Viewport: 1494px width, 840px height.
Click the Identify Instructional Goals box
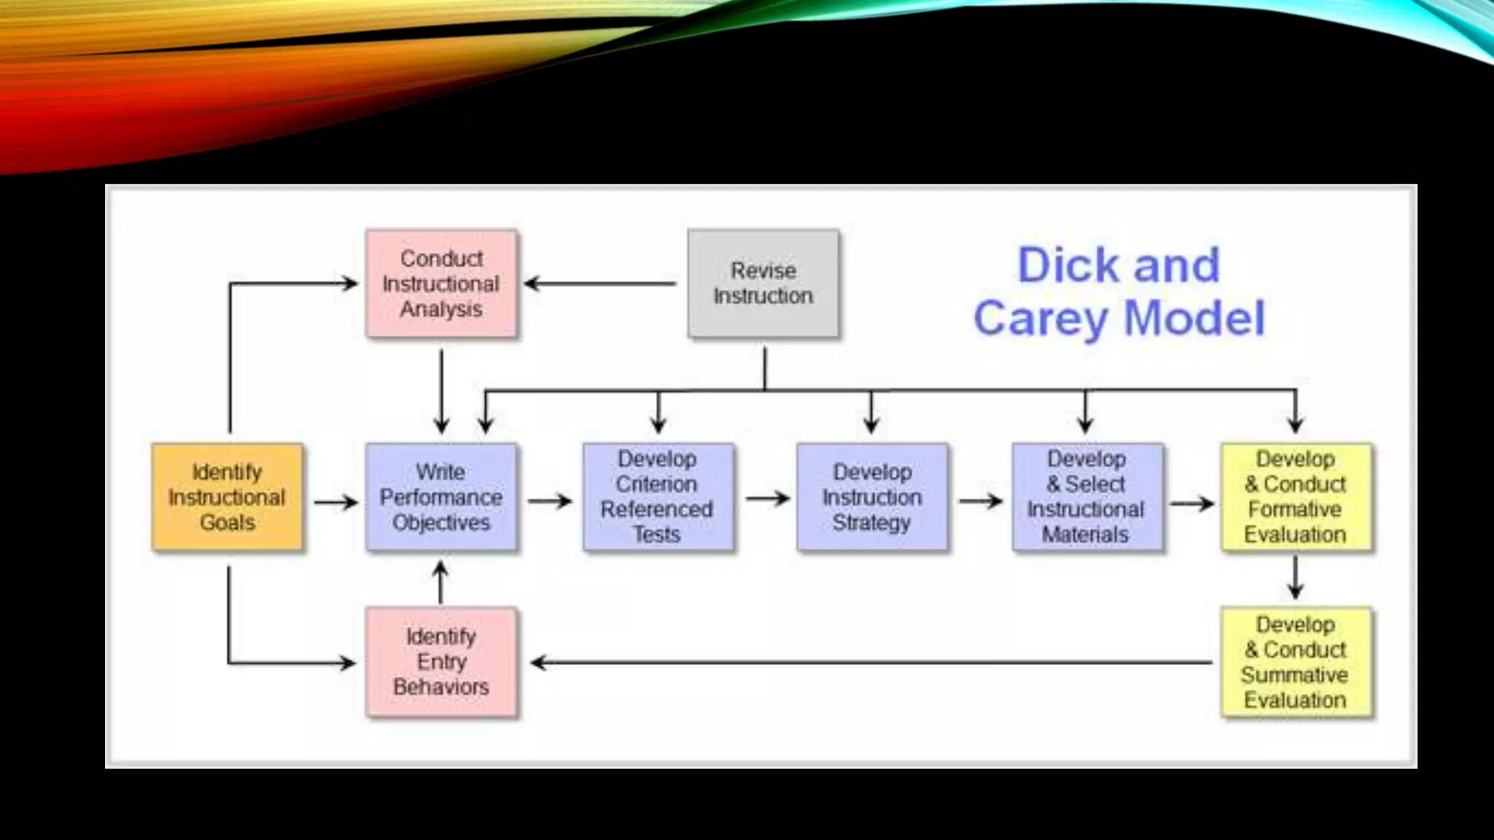(x=227, y=497)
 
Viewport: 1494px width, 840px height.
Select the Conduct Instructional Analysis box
(x=441, y=284)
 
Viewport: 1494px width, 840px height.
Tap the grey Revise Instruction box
(x=763, y=284)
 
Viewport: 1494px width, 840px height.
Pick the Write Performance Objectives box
(x=441, y=497)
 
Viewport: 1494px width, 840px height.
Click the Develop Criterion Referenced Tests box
(x=657, y=497)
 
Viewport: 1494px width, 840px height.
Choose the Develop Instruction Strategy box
(x=872, y=497)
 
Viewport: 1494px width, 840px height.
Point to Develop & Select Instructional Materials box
(x=1086, y=497)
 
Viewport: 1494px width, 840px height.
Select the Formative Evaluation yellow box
(x=1296, y=497)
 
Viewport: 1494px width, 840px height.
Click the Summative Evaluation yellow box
(x=1296, y=662)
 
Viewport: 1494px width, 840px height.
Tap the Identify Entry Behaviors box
(x=441, y=662)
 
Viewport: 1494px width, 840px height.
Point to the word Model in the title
(x=1194, y=319)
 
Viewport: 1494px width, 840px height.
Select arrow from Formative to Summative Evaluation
(x=1296, y=577)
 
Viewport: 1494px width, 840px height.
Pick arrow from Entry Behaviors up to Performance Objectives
(x=441, y=582)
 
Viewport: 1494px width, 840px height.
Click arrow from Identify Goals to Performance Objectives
(x=335, y=502)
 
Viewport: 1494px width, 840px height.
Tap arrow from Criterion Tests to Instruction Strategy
(x=767, y=499)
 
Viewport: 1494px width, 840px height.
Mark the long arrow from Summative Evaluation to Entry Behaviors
(x=872, y=663)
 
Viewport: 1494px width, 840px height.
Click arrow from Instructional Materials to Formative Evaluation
(x=1191, y=503)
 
